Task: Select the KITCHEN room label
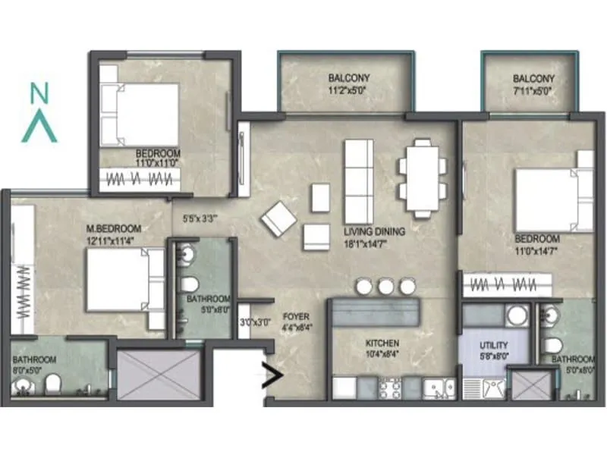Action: point(382,344)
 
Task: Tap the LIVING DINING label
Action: point(374,232)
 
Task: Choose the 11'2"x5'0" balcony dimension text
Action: point(348,91)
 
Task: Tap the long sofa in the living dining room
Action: point(359,179)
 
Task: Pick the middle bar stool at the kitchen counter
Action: point(386,286)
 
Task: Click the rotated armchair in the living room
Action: point(278,218)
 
